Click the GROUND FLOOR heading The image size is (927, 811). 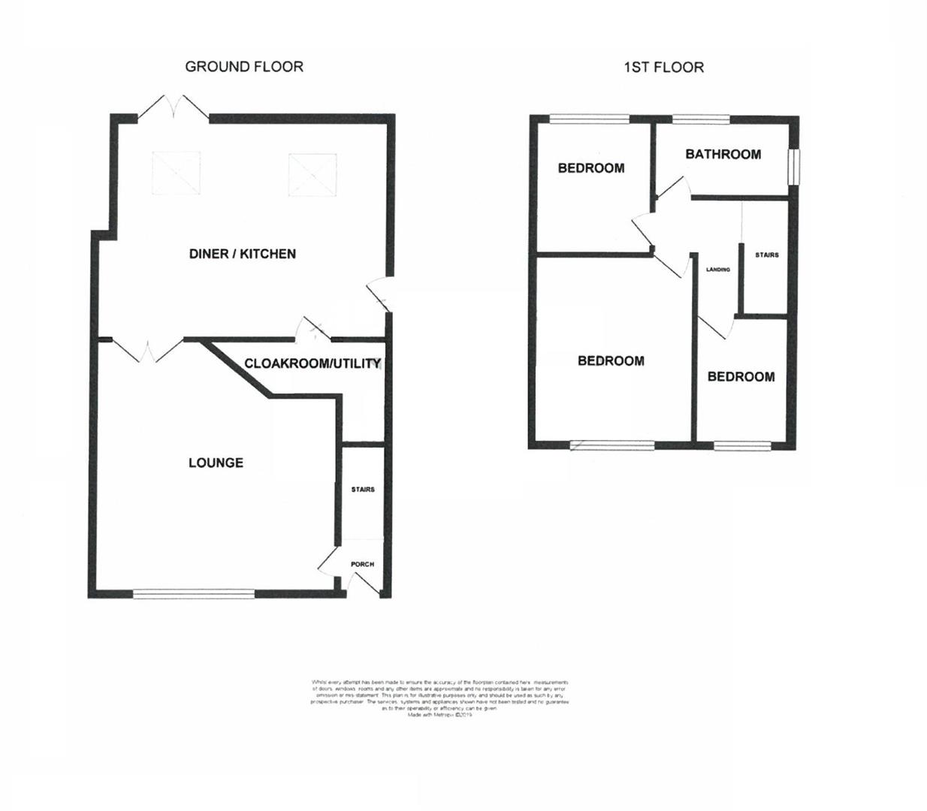click(244, 67)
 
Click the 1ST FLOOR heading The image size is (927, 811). click(663, 68)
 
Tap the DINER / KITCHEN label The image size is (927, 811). click(242, 254)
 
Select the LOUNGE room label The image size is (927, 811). click(216, 463)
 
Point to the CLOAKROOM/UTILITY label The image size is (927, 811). click(313, 363)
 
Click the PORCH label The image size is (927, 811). click(362, 564)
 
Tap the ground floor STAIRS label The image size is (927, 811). click(363, 490)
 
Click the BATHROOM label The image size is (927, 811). click(723, 154)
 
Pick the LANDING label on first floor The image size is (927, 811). click(718, 269)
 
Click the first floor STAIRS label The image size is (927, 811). click(767, 255)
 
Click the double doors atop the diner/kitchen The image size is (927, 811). click(174, 107)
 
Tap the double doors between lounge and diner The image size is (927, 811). click(148, 350)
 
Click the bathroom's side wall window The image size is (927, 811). click(793, 166)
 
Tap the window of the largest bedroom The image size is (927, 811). click(611, 445)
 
